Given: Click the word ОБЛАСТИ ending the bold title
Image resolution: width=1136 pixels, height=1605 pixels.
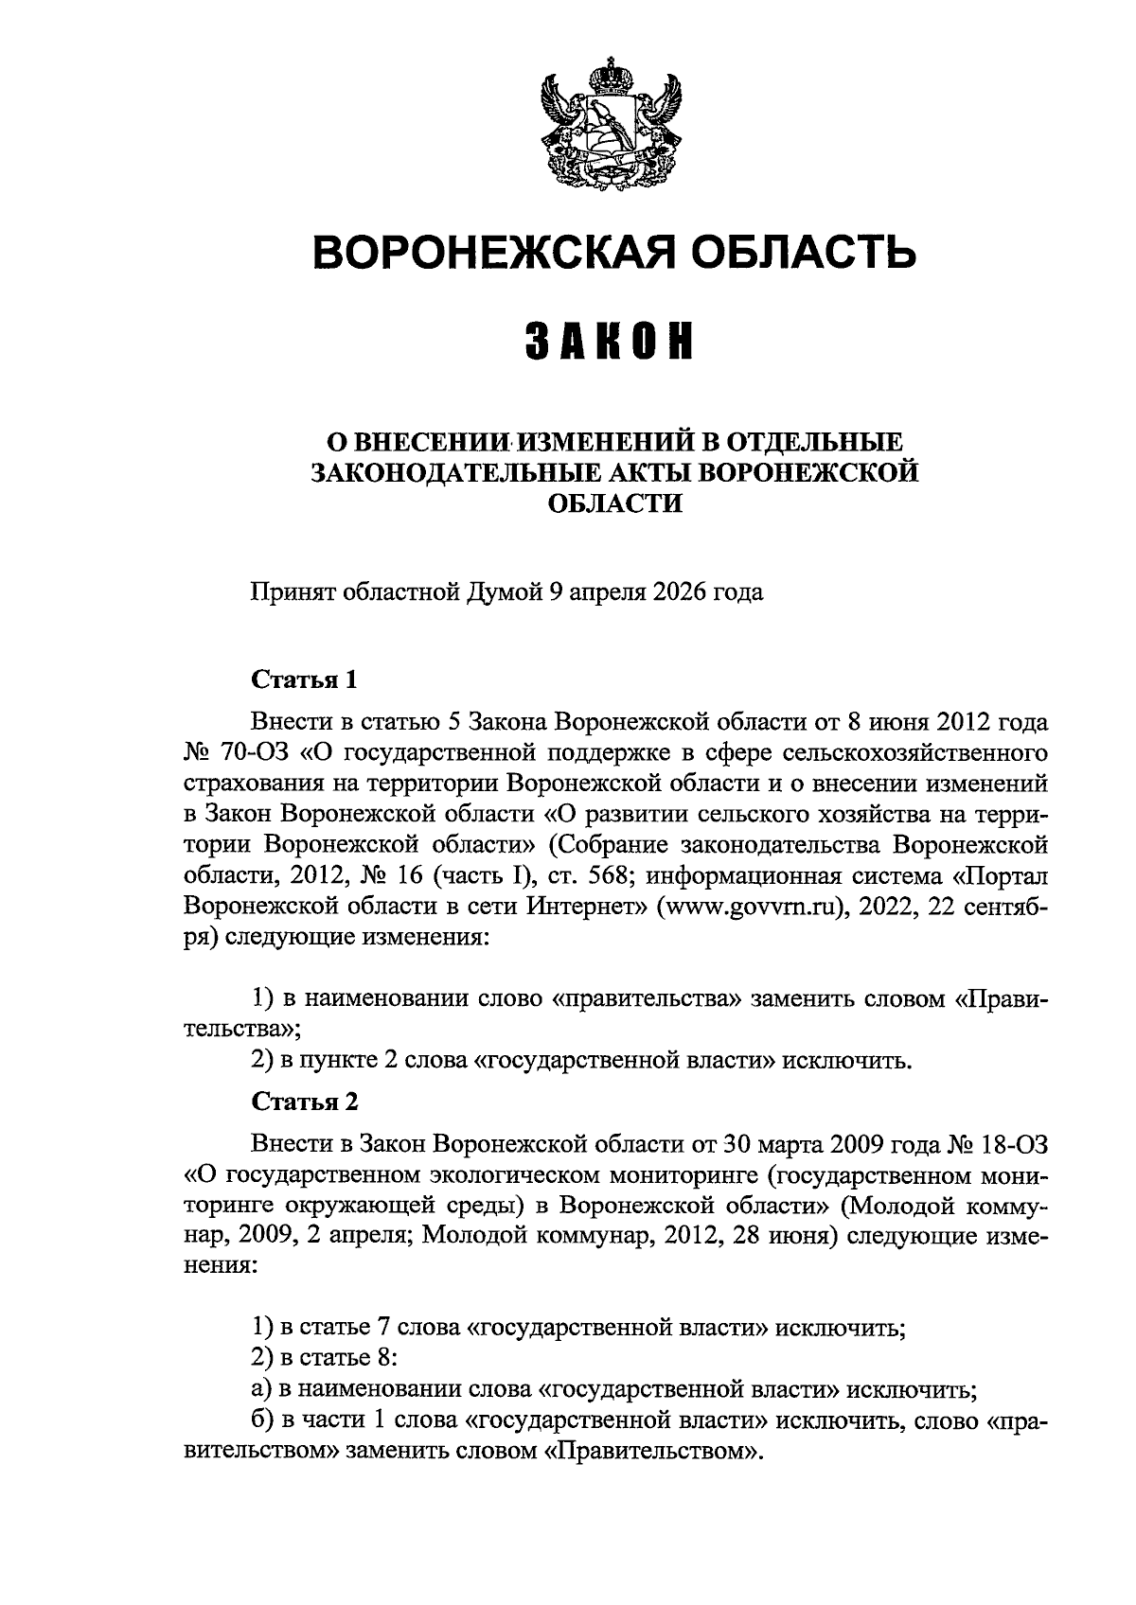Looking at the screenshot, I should coord(615,503).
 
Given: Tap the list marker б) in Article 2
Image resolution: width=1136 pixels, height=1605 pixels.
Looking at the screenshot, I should coord(261,1421).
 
